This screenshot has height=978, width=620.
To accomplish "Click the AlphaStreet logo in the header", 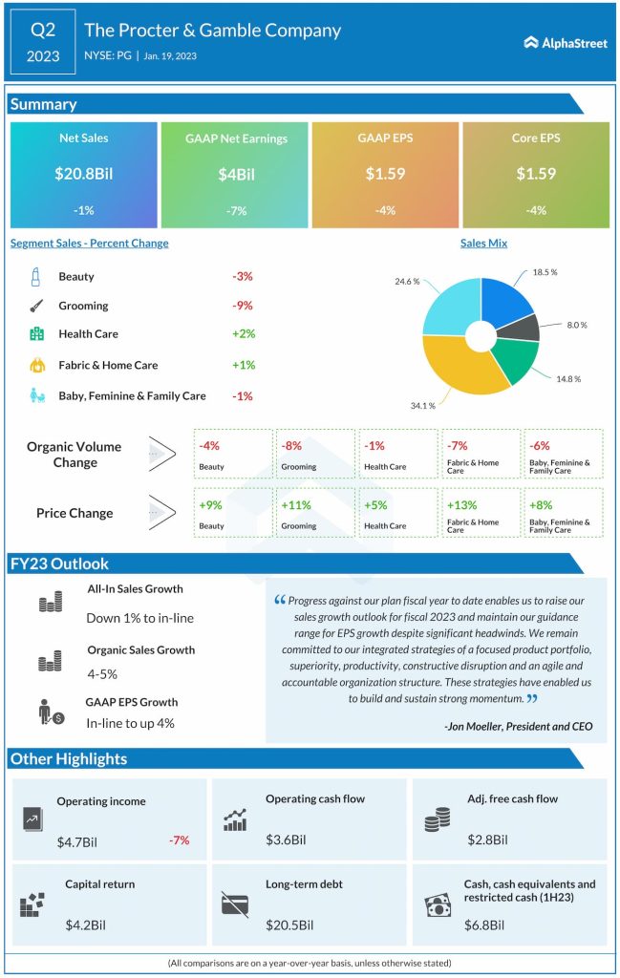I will [566, 42].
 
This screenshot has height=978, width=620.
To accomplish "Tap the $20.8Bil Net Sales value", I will [83, 175].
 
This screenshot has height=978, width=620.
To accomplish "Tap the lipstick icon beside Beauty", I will [35, 277].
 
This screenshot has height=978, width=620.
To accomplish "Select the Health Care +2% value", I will [243, 334].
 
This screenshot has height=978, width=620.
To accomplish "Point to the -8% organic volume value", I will [291, 445].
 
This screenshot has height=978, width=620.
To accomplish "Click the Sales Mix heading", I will [483, 244].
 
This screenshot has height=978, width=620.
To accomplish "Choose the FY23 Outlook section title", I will [59, 563].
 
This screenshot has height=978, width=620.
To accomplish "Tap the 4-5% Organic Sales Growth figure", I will [102, 673].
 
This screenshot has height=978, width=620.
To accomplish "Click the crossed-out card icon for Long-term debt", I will [235, 904].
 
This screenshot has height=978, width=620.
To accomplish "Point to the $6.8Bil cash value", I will [486, 925].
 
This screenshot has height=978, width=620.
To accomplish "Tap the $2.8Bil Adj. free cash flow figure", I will [486, 840].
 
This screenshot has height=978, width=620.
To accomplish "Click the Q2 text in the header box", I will [43, 30].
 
